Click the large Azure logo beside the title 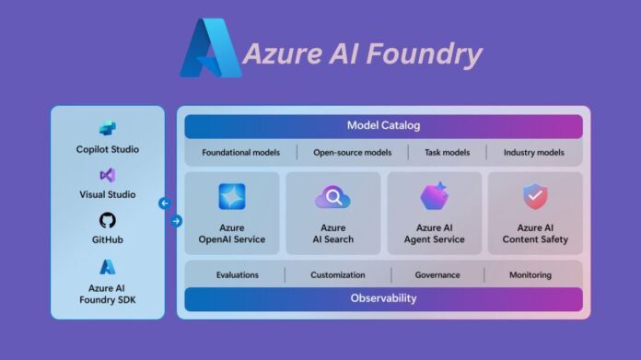tap(210, 48)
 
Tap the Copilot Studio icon tap(108, 128)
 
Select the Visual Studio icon tap(108, 175)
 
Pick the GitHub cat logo tap(108, 220)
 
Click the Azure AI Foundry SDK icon tap(108, 267)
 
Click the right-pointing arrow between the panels tap(177, 221)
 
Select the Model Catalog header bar tap(383, 125)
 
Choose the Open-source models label tap(352, 152)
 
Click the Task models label tap(448, 152)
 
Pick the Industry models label tap(534, 152)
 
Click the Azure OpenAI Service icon tap(232, 196)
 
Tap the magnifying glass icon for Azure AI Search tap(332, 196)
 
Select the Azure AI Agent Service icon tap(434, 196)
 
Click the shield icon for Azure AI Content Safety tap(535, 196)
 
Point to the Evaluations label tap(237, 274)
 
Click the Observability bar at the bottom tap(383, 298)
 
